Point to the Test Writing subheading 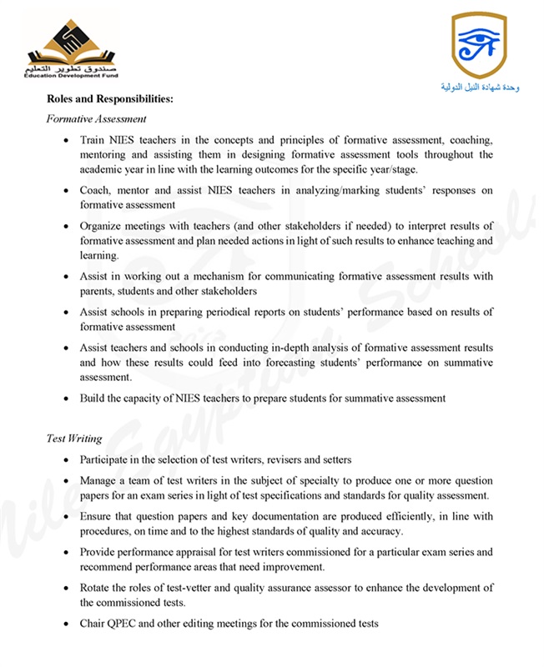[x=74, y=439]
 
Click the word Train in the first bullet [x=93, y=140]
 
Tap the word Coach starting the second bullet [x=96, y=190]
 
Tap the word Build [x=93, y=398]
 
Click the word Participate [x=107, y=459]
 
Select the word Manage [x=99, y=481]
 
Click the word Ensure [x=97, y=516]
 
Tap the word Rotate [x=97, y=588]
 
